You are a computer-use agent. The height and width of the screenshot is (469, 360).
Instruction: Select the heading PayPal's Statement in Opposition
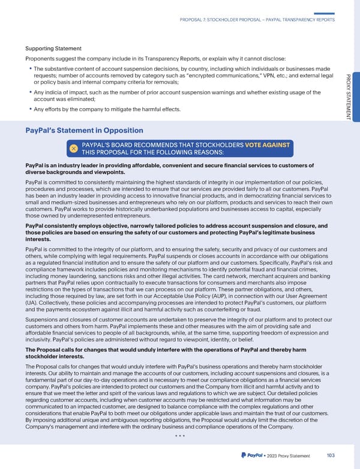(84, 130)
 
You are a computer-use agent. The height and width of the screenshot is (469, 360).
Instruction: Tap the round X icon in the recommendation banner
(73, 148)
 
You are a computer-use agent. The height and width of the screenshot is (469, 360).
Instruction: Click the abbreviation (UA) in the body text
(31, 304)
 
